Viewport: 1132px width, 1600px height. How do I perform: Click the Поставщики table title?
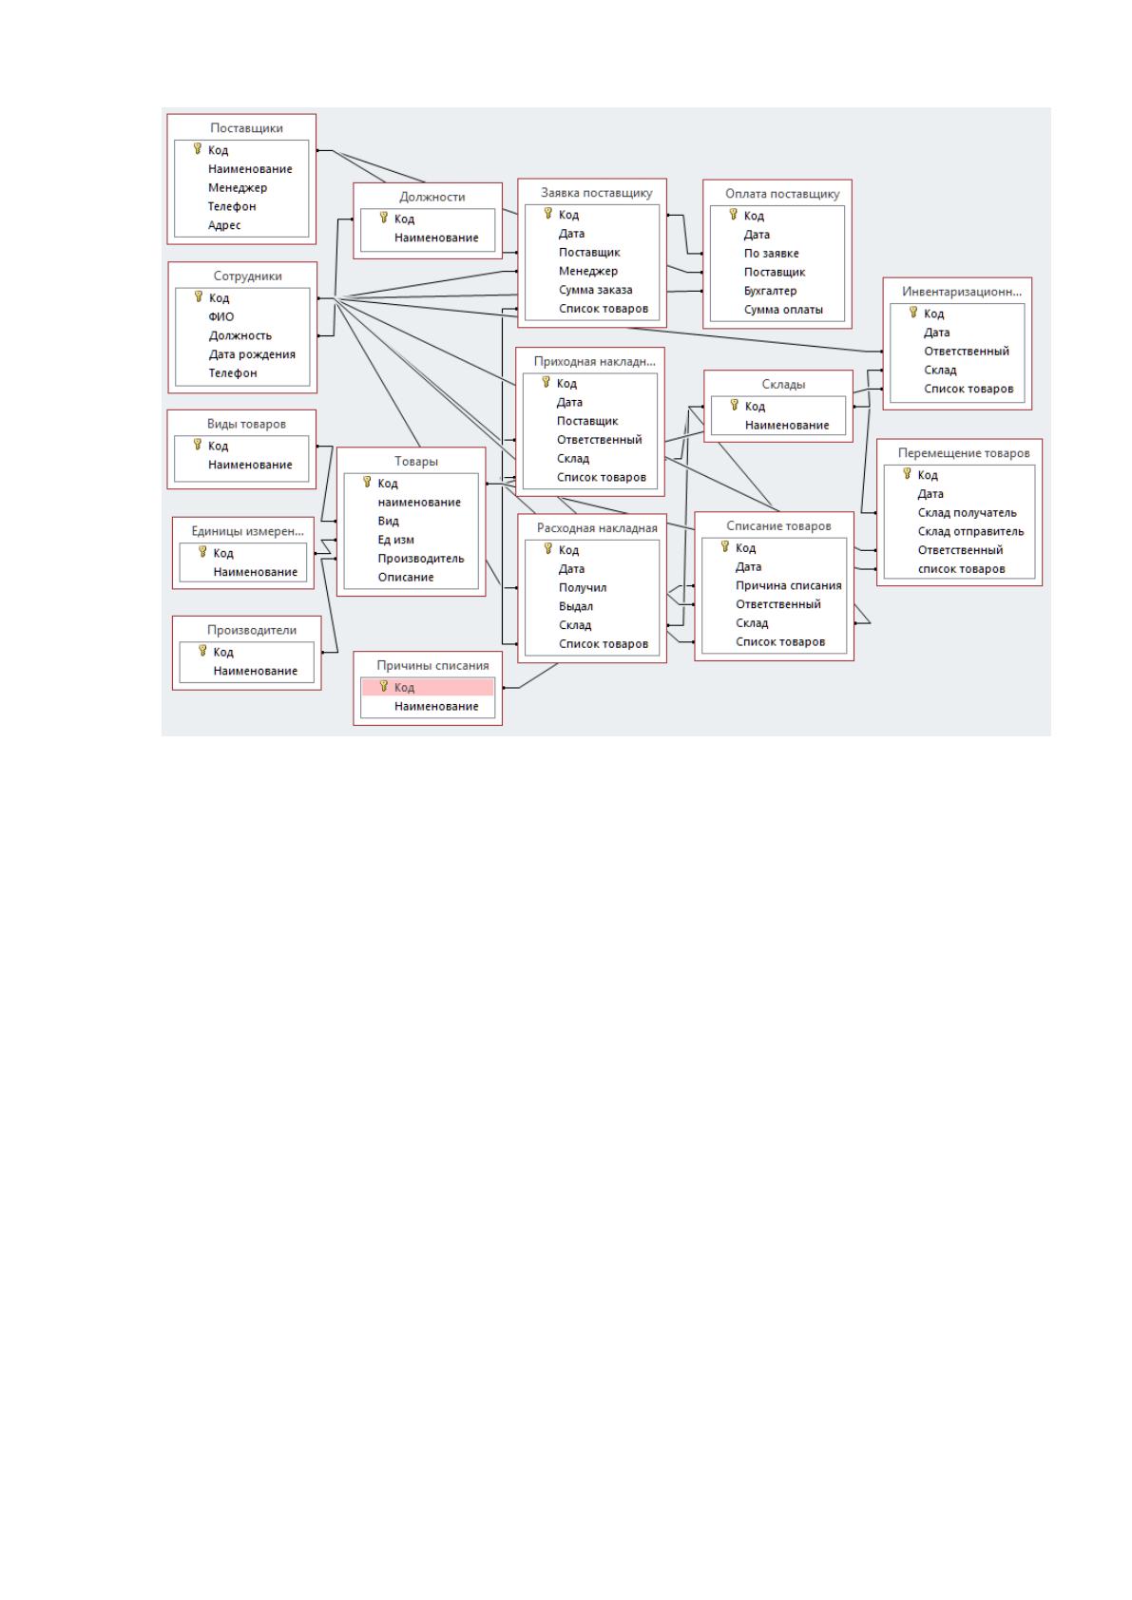[246, 128]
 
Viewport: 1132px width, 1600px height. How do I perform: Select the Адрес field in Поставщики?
[224, 226]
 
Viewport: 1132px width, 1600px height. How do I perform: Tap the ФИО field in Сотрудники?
[221, 317]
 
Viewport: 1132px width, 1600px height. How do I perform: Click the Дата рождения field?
[252, 355]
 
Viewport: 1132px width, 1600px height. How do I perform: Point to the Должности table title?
[432, 197]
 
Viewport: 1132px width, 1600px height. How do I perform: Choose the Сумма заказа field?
[595, 290]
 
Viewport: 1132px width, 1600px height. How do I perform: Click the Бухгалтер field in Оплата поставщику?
[770, 292]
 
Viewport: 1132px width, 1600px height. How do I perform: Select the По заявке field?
[771, 254]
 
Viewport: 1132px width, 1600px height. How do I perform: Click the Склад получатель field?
[967, 513]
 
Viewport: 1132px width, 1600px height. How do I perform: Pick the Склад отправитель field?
[970, 531]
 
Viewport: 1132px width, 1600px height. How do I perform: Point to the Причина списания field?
[788, 585]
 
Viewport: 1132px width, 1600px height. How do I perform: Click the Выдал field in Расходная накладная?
[575, 606]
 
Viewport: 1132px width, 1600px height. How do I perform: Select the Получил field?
[583, 588]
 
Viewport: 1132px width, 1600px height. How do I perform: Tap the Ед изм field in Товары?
[395, 540]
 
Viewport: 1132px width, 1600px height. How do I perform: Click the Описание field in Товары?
[405, 577]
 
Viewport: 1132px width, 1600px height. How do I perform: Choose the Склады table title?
[783, 384]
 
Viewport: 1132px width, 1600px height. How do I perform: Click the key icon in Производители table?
[203, 651]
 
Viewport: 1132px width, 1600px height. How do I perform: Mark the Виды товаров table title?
[246, 425]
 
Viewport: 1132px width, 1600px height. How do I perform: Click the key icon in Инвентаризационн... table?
[912, 313]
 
